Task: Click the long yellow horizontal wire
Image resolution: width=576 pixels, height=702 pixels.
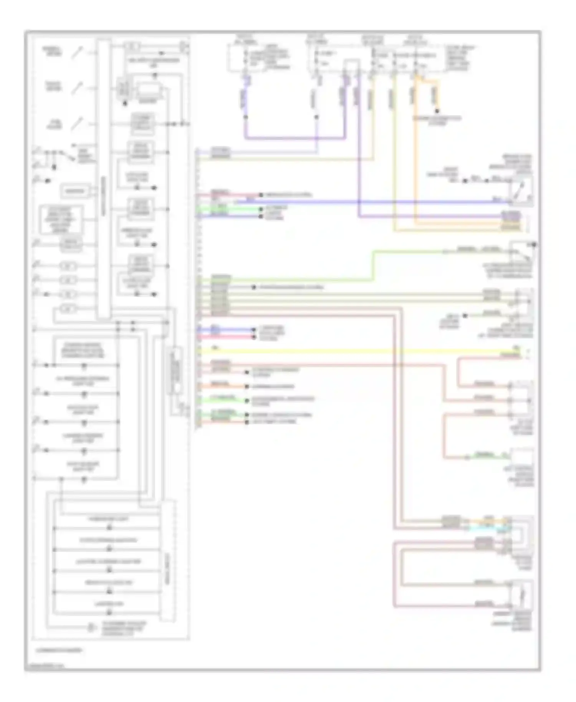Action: (346, 351)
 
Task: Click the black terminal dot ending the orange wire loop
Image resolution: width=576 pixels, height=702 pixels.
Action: (437, 111)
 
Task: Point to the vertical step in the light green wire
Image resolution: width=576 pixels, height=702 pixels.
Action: (373, 266)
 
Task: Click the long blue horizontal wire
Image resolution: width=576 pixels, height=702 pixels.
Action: (365, 201)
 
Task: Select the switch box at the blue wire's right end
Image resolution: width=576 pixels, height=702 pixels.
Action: (521, 191)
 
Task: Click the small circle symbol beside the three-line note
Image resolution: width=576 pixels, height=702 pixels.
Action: (91, 627)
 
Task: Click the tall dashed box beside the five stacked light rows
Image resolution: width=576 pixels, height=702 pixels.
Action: (168, 561)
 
